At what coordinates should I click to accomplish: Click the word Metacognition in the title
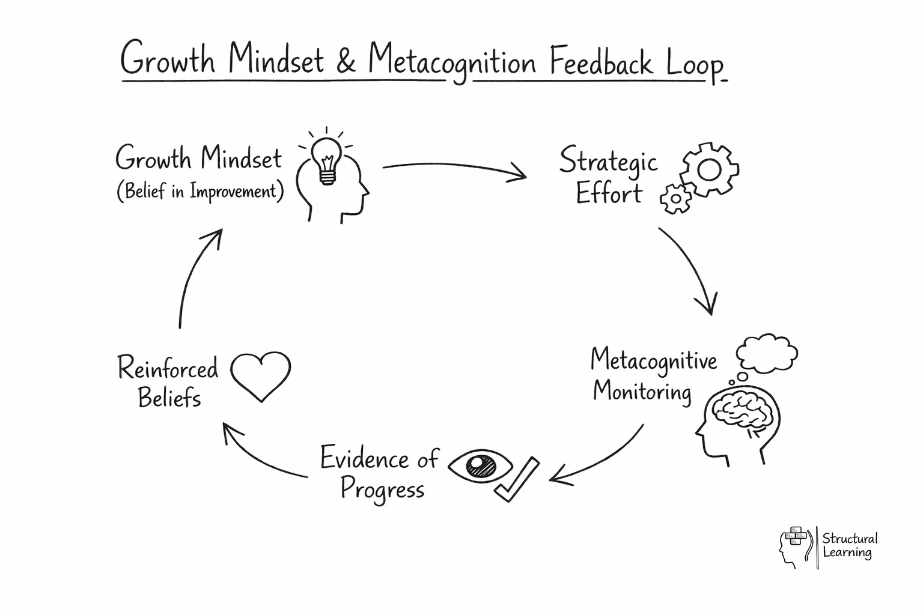(452, 62)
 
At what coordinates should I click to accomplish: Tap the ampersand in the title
(346, 61)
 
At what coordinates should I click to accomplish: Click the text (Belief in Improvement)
(200, 192)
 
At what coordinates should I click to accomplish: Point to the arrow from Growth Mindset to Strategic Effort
(454, 170)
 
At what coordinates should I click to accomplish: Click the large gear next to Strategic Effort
(710, 169)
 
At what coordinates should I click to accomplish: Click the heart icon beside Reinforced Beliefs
(261, 375)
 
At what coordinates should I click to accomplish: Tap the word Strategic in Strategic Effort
(608, 161)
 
